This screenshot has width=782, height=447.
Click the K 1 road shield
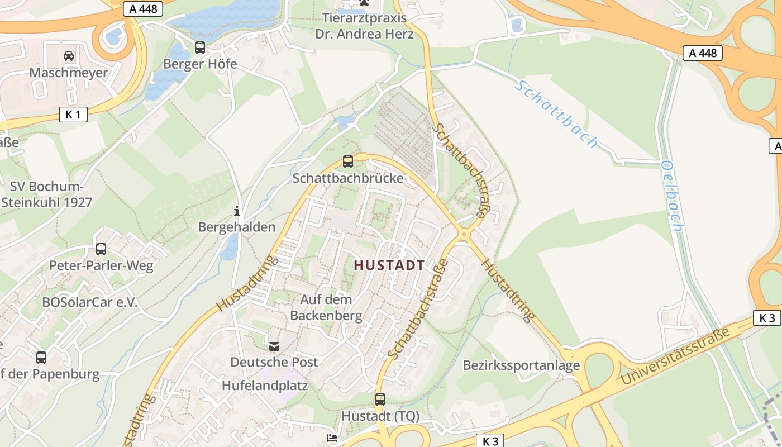coord(73,115)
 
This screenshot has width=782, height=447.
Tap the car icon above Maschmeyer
coord(69,56)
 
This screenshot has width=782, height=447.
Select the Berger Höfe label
coord(200,64)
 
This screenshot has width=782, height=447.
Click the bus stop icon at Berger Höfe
coord(199,47)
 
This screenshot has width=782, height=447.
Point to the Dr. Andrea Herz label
coord(364,34)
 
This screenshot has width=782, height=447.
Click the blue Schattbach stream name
coord(556,114)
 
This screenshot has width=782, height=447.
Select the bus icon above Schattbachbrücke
coord(348,161)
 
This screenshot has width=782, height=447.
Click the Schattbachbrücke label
coord(348,178)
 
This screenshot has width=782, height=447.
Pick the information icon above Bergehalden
coord(237,211)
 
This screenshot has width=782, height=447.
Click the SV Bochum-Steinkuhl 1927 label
coord(47,194)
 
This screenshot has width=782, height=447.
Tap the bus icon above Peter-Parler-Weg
coord(101,249)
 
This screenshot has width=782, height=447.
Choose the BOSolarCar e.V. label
coord(90,302)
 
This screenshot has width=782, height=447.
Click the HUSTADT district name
coord(389,265)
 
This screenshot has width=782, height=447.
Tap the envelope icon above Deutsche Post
coord(274,346)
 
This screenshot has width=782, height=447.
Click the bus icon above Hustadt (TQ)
coord(380,400)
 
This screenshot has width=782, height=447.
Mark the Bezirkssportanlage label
coord(521,365)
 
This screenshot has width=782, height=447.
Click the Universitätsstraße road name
coord(676,356)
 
